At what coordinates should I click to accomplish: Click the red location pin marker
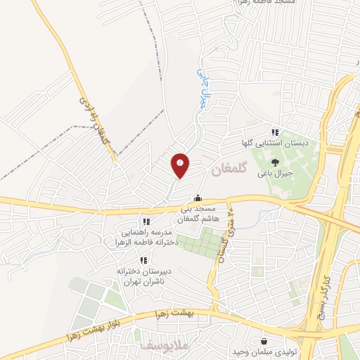181,165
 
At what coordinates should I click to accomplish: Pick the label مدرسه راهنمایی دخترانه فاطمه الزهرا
146,238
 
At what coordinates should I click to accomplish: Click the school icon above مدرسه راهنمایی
146,222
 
